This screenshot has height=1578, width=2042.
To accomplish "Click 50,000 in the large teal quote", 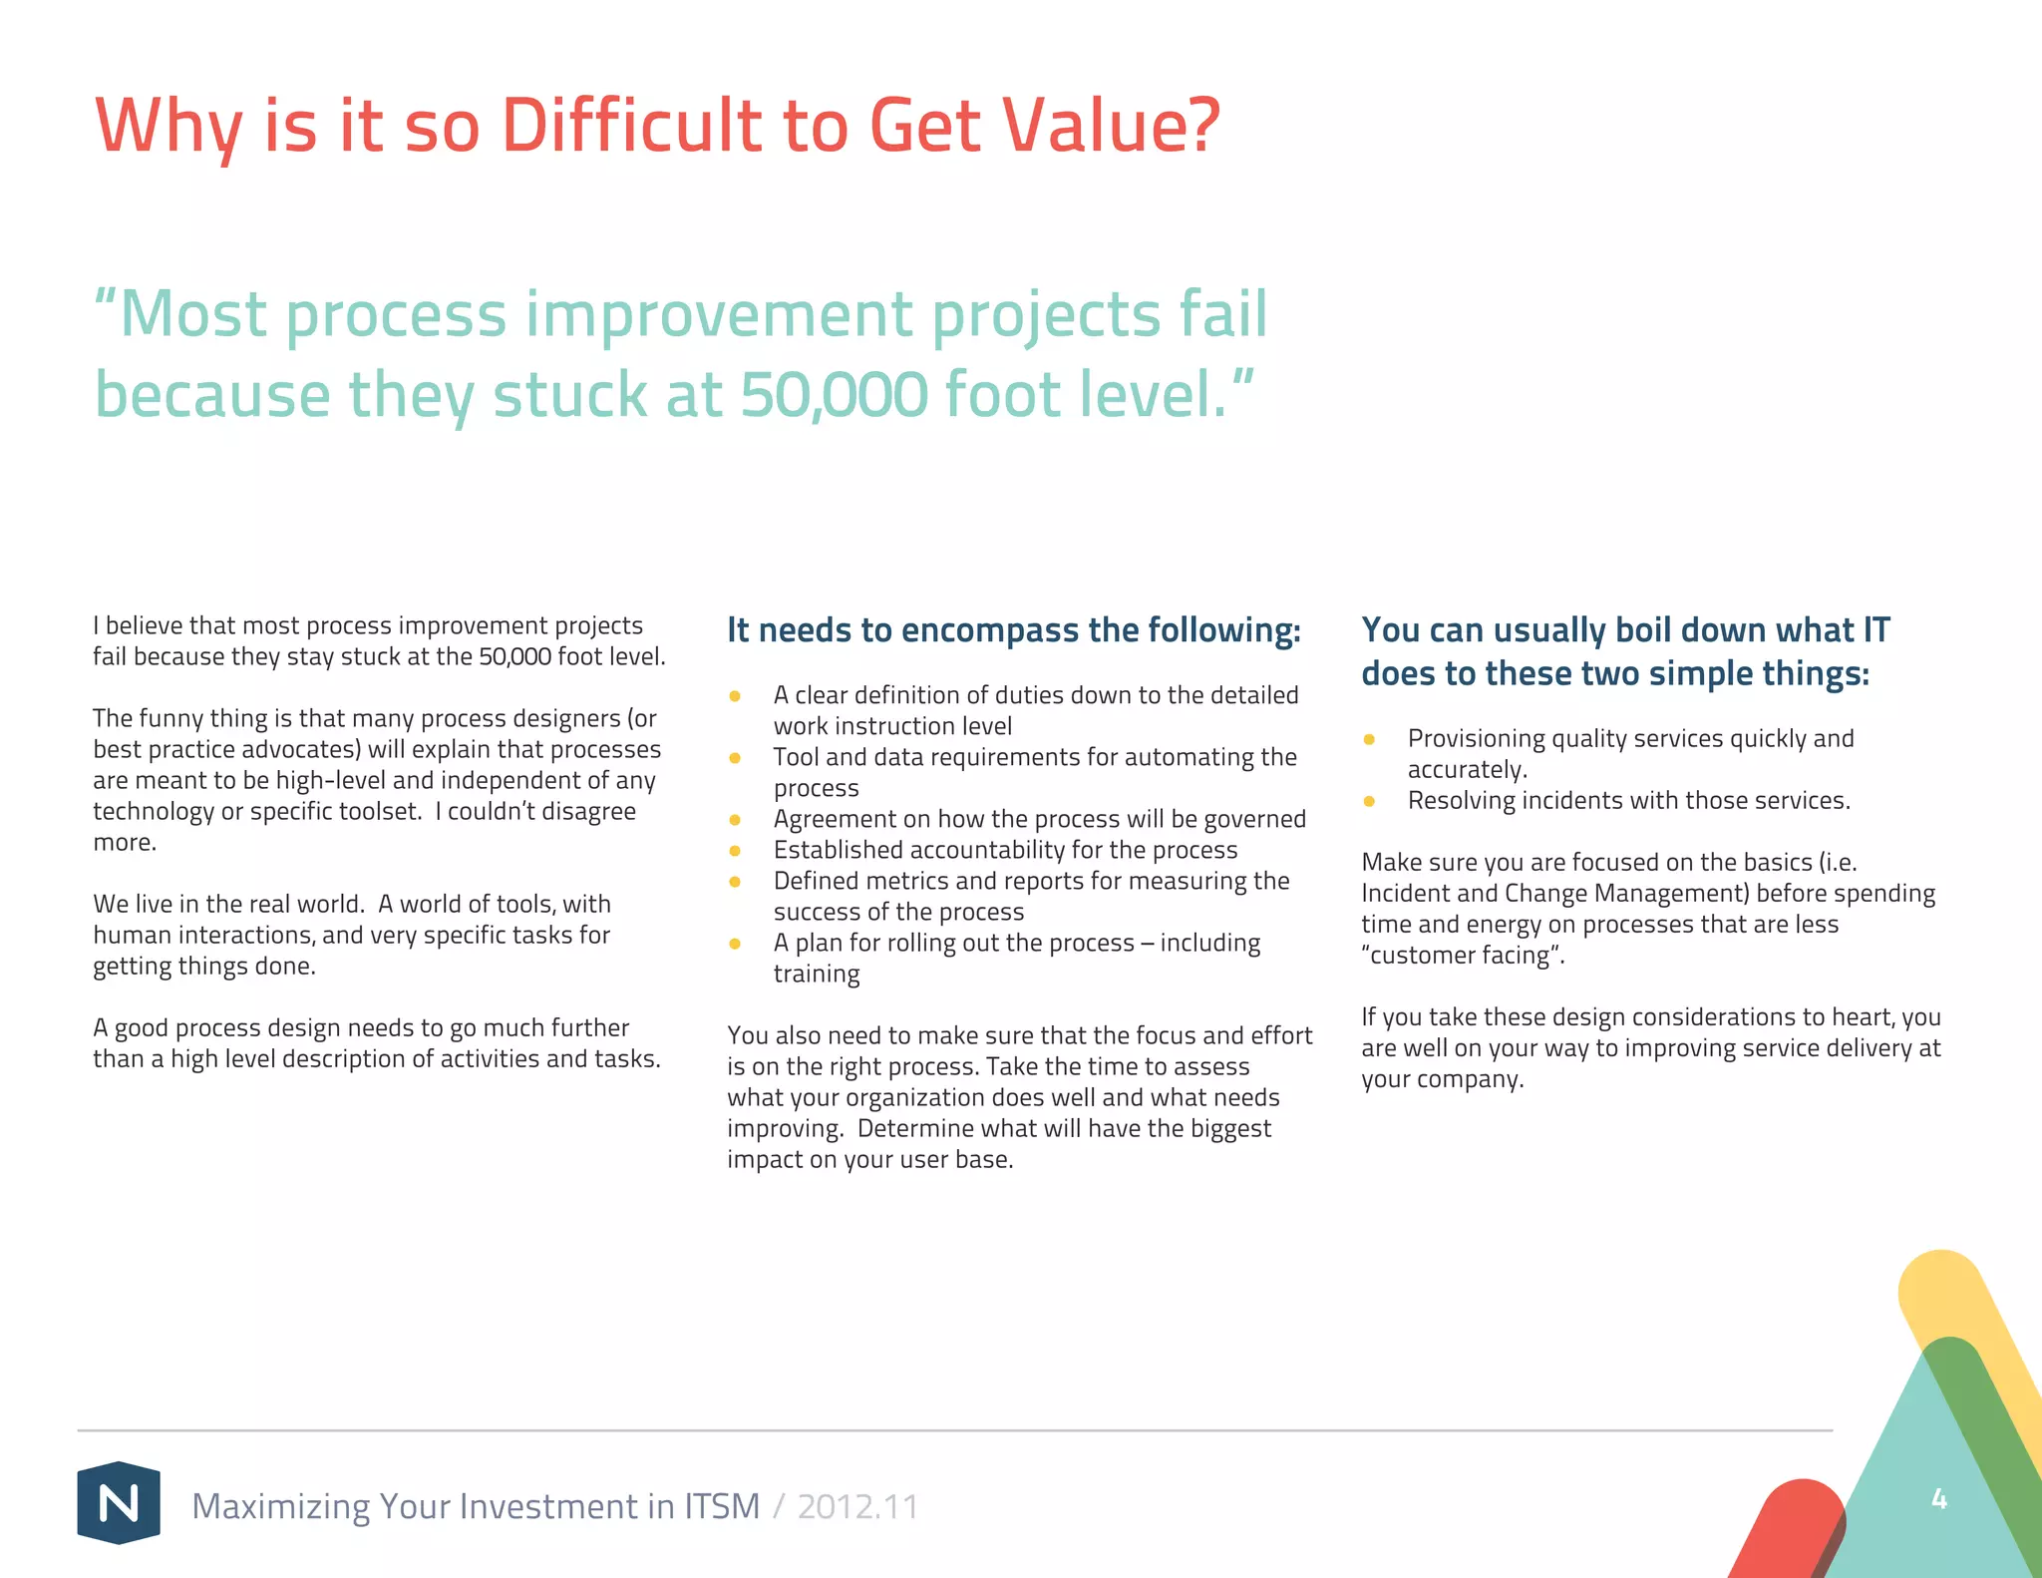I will click(834, 395).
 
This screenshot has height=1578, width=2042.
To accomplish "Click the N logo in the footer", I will click(119, 1502).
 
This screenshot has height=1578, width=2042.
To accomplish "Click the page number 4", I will click(1938, 1498).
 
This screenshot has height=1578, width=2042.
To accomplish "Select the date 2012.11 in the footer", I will click(857, 1506).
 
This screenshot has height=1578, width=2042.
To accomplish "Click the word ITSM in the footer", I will click(722, 1506).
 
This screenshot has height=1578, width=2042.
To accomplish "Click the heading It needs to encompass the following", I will click(1013, 630).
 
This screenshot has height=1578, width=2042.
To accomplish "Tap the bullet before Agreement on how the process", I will click(735, 820).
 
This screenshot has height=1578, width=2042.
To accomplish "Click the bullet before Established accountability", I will click(735, 851).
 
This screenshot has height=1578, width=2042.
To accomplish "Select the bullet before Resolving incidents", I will click(1369, 801).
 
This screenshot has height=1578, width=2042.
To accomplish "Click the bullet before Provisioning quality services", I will click(1369, 739).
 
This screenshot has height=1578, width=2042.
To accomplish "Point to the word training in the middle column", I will click(816, 974).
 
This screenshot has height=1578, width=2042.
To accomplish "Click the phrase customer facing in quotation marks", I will click(1462, 956).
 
